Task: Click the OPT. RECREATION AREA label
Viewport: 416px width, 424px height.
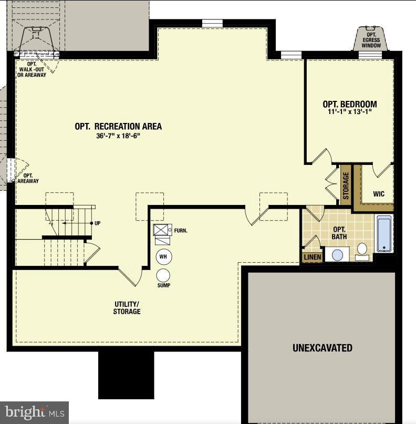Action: pos(118,126)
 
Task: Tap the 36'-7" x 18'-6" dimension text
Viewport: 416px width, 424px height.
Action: pos(118,136)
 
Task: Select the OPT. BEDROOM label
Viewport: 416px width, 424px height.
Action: pos(350,104)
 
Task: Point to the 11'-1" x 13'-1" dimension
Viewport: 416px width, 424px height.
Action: pos(350,112)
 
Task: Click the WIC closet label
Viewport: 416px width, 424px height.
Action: pos(379,194)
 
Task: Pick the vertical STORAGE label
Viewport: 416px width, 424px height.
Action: pos(346,185)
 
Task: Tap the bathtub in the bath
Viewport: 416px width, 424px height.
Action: pos(384,234)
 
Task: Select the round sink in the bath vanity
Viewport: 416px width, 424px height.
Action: pos(337,255)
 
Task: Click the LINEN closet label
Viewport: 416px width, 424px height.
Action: pos(313,257)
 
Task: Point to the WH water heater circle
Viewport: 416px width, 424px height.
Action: pos(163,256)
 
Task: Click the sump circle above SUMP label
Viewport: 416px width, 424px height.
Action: pos(163,275)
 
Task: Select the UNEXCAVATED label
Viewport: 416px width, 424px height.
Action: pos(322,348)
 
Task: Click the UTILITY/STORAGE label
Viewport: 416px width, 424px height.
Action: pos(127,308)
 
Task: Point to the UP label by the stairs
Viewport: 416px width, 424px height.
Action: pos(97,223)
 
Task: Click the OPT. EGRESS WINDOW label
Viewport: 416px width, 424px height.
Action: pos(371,40)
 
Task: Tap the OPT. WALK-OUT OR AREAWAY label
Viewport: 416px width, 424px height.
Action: pos(33,69)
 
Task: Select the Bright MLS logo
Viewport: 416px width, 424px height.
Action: pos(35,412)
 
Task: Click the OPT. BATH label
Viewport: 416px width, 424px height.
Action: pos(339,233)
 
